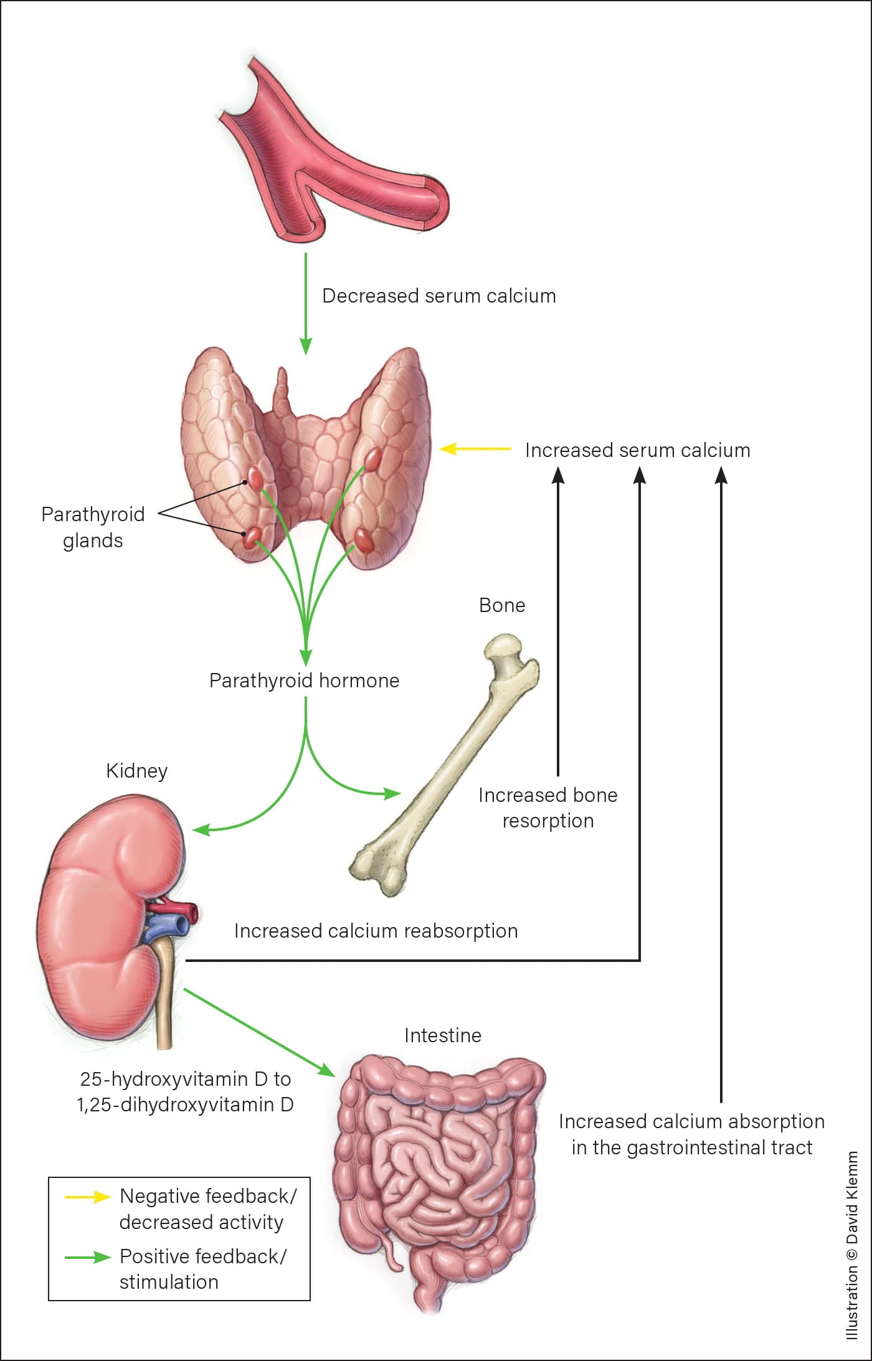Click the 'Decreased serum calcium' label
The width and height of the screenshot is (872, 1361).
439,296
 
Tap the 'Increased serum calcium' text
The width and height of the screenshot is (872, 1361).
638,450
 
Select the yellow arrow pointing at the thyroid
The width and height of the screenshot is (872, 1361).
476,448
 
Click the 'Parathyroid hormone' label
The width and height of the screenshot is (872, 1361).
304,680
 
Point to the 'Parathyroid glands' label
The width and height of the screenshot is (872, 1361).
93,527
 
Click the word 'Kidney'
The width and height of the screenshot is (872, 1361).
137,771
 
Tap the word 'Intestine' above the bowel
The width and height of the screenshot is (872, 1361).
443,1035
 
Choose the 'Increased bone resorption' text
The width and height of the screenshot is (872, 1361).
548,808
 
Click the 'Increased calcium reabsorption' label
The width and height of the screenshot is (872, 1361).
376,931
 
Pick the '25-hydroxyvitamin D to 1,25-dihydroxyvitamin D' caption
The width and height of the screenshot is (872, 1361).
185,1091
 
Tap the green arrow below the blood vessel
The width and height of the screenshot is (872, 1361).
305,304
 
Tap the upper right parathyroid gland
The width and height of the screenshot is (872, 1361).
373,459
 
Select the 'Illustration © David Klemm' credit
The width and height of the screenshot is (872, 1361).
851,1245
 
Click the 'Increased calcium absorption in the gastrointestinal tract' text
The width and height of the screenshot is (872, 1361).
692,1134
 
